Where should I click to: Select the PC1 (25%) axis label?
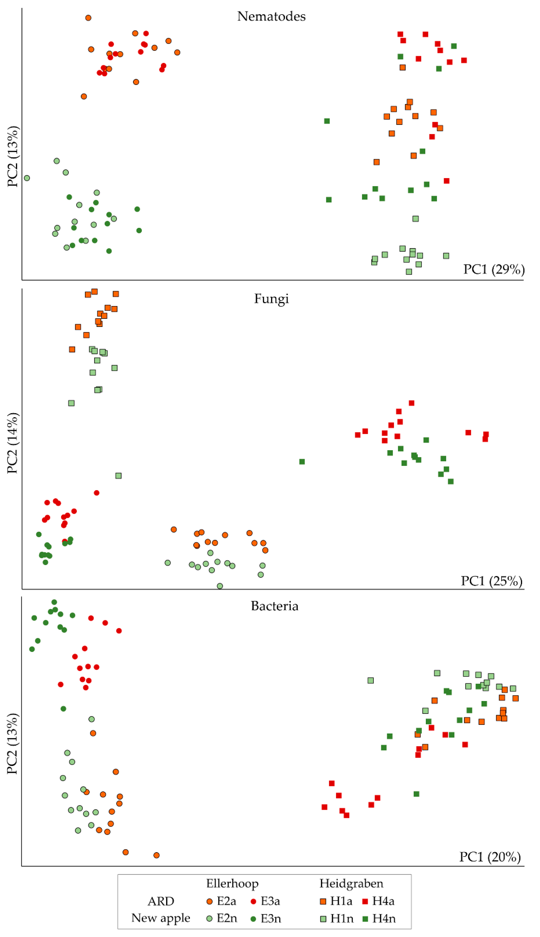click(x=491, y=581)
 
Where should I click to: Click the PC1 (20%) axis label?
click(x=490, y=857)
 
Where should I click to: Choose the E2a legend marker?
click(x=210, y=901)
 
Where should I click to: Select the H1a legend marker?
click(x=323, y=901)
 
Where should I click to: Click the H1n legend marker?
click(x=323, y=919)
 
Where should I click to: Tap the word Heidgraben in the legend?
click(x=351, y=884)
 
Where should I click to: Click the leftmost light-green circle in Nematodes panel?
click(x=27, y=178)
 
